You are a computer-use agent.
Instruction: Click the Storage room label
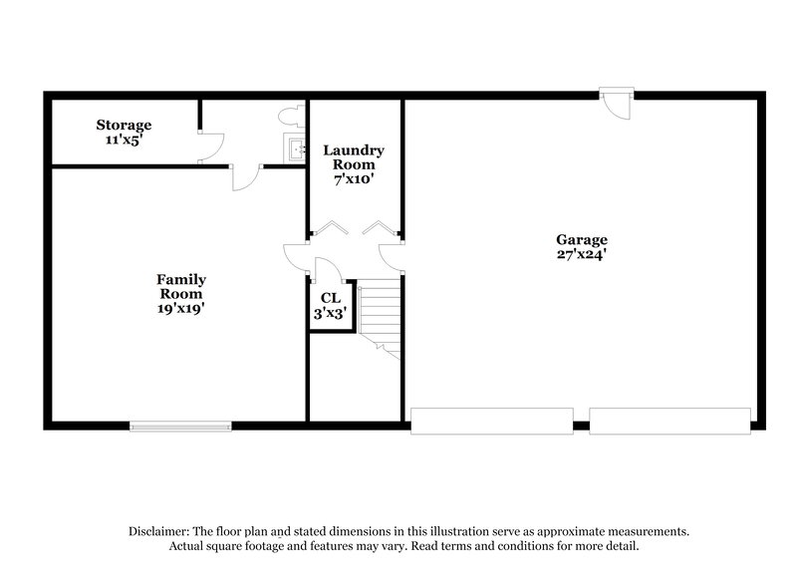[124, 125]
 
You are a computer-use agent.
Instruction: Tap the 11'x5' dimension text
[124, 140]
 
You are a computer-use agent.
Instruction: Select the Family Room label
[180, 287]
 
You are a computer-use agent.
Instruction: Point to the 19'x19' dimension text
[180, 309]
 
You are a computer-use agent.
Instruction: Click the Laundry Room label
[354, 157]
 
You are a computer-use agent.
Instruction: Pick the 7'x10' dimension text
[354, 179]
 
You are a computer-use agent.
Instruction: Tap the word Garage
[582, 239]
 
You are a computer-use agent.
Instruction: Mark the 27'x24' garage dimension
[582, 254]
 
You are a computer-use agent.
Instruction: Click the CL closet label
[330, 297]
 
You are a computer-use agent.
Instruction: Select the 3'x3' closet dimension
[330, 312]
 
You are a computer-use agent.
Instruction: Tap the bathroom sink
[296, 149]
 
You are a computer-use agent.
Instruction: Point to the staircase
[380, 314]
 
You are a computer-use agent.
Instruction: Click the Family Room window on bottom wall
[180, 427]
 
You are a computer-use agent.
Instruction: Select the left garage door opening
[491, 421]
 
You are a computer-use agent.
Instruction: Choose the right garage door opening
[669, 421]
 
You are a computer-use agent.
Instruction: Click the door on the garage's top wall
[618, 103]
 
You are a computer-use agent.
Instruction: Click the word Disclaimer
[160, 532]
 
